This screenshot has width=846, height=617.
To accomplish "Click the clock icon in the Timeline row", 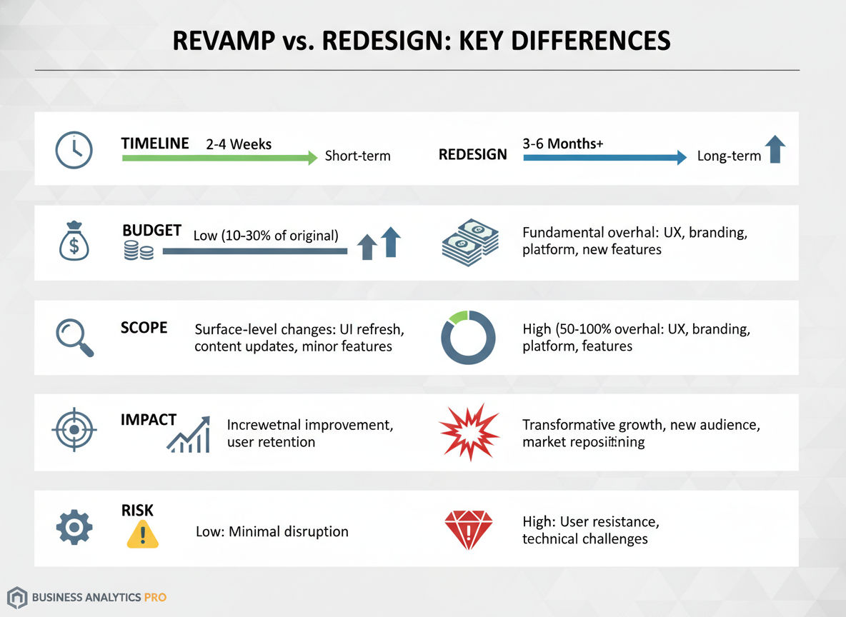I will click(74, 150).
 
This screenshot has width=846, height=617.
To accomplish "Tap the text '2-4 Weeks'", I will click(239, 144).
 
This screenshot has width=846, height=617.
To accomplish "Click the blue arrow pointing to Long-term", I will click(604, 157).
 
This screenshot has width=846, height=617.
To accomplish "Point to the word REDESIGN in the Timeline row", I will click(472, 155).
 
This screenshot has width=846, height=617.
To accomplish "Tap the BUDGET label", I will click(151, 230).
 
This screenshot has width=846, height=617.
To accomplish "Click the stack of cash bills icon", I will click(470, 242).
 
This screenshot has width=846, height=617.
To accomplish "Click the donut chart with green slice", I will click(468, 338).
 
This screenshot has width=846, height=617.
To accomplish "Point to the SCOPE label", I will click(144, 328).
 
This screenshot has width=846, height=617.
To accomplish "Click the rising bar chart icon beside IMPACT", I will click(189, 435).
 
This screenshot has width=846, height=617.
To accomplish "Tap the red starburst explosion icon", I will click(469, 431).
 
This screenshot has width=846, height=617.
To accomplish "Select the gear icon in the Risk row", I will click(74, 528).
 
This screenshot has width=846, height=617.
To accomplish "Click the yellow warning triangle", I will click(142, 533).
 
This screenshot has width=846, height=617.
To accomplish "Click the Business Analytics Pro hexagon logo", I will click(18, 597).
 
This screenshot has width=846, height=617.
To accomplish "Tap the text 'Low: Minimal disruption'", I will click(272, 532).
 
